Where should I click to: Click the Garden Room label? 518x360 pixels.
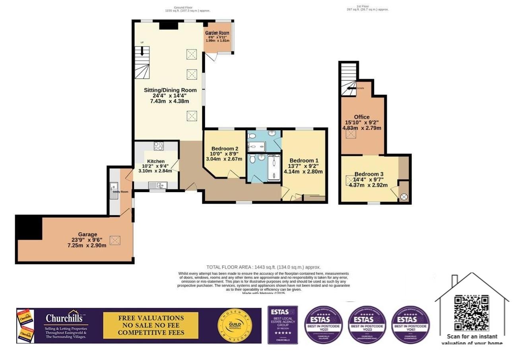pos(217,33)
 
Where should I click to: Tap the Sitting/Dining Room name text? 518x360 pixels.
pos(170,90)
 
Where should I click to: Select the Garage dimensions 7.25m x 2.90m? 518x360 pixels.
pos(87,245)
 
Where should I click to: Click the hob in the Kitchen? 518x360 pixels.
pos(159,146)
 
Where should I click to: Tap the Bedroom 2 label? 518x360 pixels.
pos(225,149)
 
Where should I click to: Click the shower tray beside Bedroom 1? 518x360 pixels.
pos(274,168)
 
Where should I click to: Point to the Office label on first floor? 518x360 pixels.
pos(361,117)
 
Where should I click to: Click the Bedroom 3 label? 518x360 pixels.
pos(369,174)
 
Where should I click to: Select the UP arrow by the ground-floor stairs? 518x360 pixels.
pos(142,50)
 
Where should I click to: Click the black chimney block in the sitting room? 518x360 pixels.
pos(169,25)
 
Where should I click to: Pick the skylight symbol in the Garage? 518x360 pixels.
pos(115,240)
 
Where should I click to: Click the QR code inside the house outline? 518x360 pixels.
pos(471,313)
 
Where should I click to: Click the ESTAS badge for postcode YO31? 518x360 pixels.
pos(323,325)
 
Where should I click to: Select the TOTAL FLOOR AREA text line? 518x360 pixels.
pos(263,267)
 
